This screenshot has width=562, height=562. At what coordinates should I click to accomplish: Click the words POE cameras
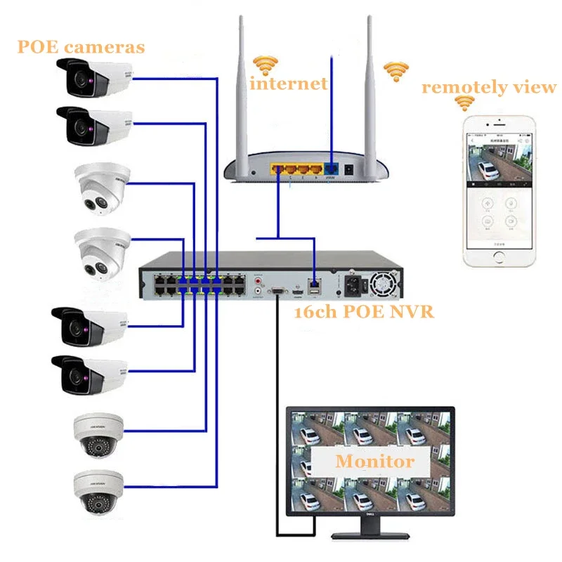(81, 47)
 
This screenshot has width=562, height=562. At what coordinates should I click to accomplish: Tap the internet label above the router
(289, 84)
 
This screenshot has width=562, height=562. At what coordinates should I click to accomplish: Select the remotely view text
(488, 88)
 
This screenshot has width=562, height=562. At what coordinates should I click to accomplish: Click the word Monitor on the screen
(374, 462)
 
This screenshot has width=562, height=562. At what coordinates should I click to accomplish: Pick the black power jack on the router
(347, 169)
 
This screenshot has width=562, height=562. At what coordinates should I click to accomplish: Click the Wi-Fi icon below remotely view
(464, 103)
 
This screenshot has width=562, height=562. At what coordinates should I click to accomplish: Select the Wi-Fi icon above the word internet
(265, 65)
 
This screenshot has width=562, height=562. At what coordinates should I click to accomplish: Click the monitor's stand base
(371, 537)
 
